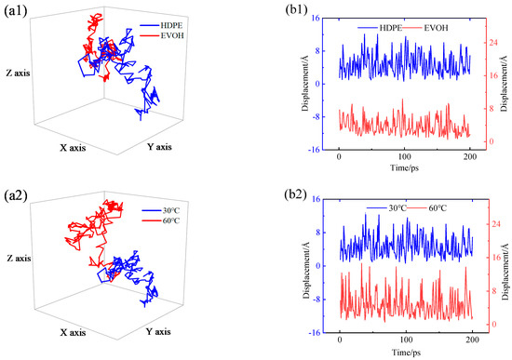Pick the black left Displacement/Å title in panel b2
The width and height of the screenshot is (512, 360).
click(306, 265)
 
